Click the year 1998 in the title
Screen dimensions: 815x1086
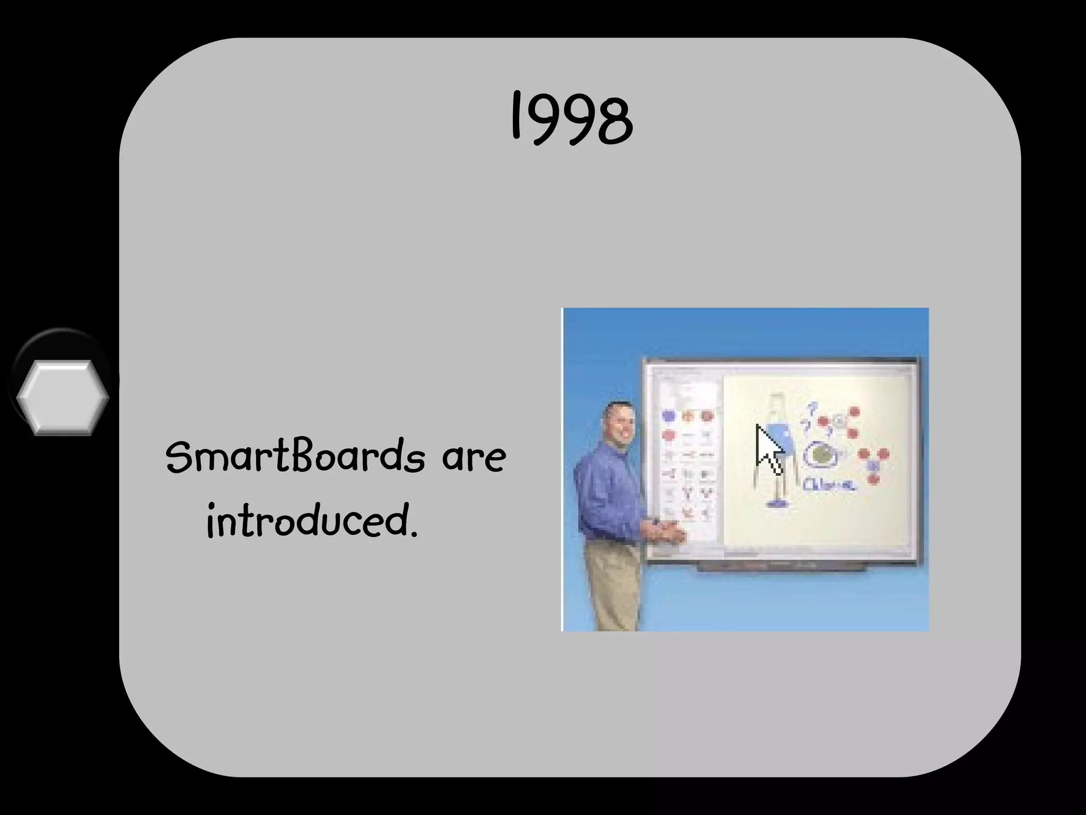[x=572, y=118]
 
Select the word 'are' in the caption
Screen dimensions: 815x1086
[x=474, y=457]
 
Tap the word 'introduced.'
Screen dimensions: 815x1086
[x=312, y=521]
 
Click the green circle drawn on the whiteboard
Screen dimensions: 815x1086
[x=822, y=454]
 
